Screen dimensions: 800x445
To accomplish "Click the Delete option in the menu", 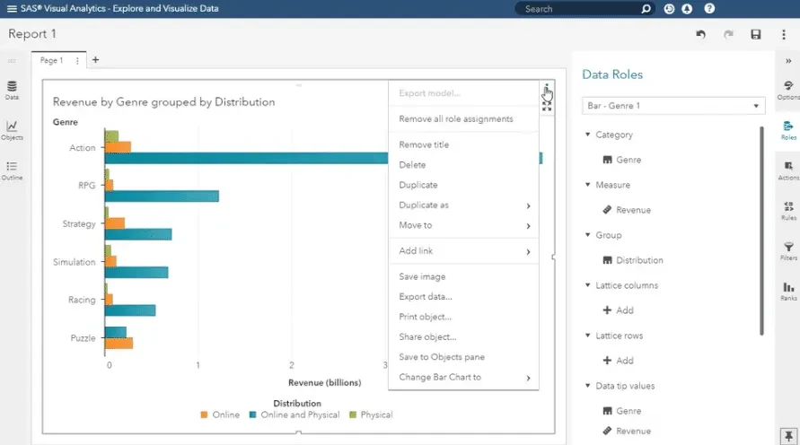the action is pos(412,165).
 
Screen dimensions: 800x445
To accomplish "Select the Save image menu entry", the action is pos(422,276).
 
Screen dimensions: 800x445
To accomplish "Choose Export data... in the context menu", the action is pos(426,297).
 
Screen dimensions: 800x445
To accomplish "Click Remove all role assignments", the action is pos(455,118).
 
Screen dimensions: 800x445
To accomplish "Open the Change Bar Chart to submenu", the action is pos(440,377).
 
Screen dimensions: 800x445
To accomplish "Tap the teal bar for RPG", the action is pos(162,196).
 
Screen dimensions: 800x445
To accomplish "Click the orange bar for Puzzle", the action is pos(119,343).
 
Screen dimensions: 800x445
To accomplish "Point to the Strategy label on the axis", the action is pos(79,223).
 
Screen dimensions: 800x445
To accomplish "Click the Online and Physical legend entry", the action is pos(295,414).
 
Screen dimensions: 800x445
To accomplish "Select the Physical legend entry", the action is pos(371,414).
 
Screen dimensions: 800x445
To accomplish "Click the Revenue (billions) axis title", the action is pos(324,383).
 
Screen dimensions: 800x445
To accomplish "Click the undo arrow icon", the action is pos(700,34).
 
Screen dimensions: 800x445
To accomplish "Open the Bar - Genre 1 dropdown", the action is pos(673,106).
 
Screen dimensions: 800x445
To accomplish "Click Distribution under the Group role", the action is pos(639,260).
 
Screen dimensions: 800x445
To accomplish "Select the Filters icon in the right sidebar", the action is pos(788,251).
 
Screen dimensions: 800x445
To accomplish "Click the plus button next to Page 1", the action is pos(95,60).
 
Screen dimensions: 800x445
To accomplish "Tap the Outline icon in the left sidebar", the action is pos(12,170).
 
